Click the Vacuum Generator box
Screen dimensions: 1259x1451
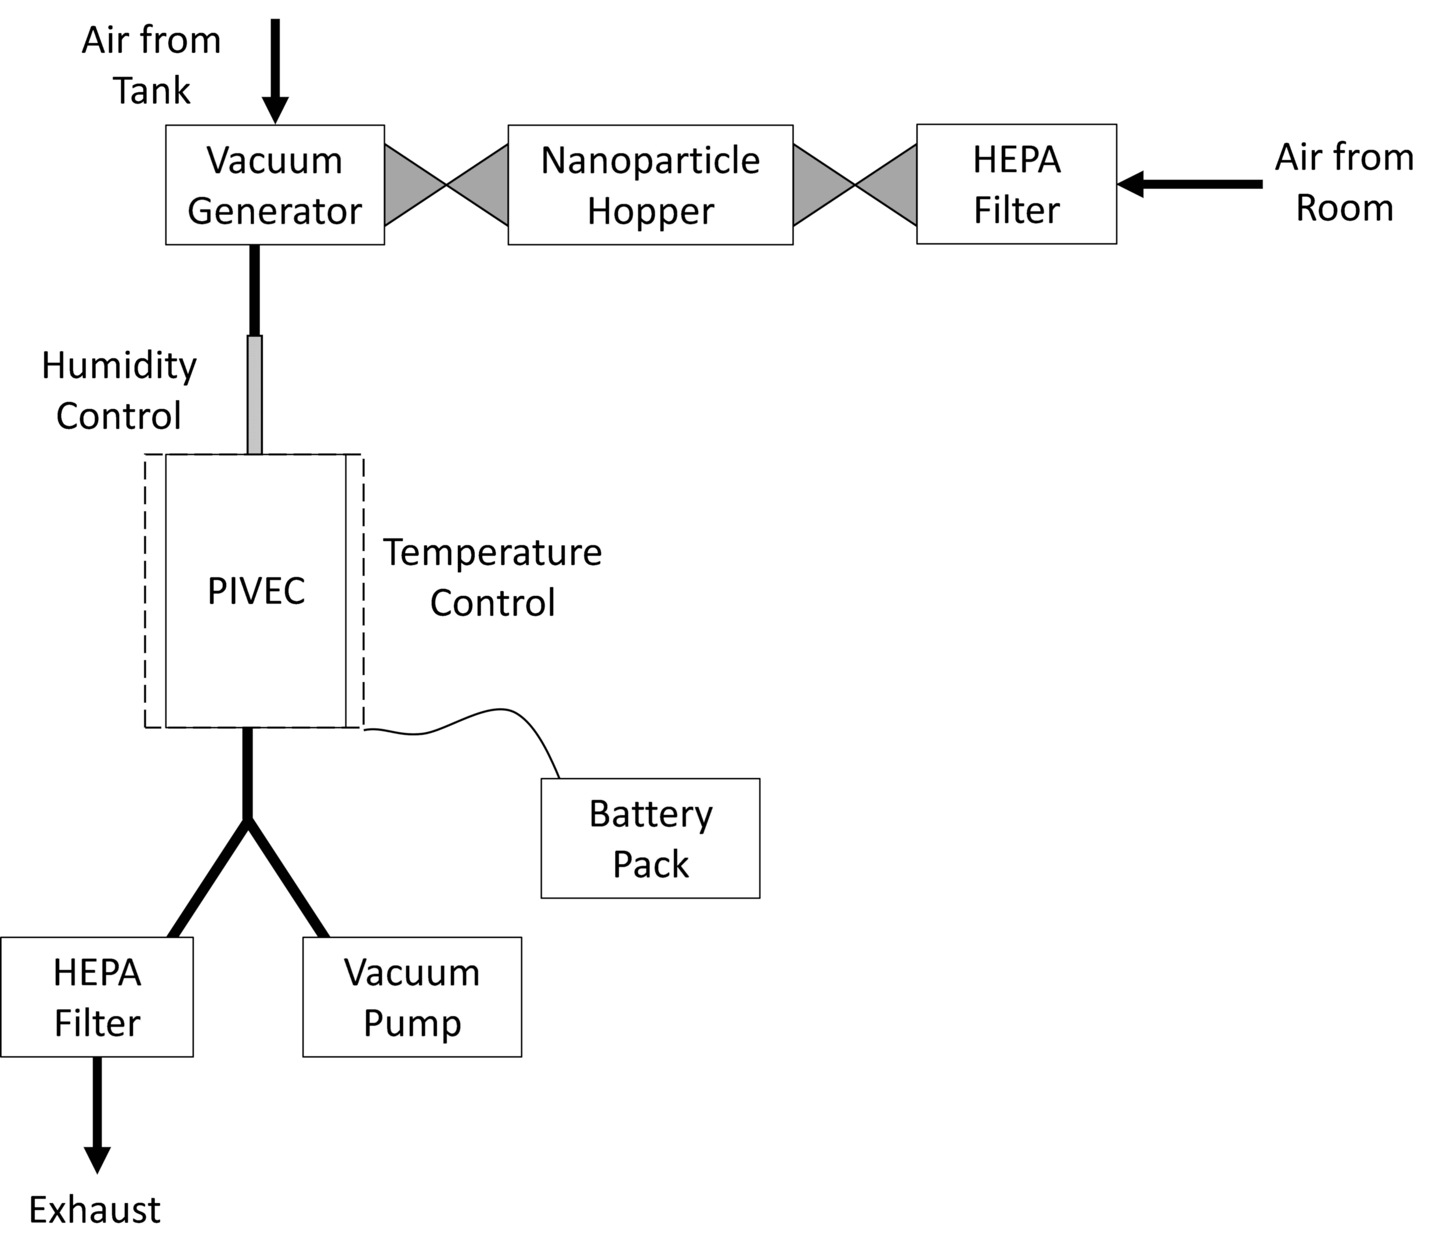pos(275,185)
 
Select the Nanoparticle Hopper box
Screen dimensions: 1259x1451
pos(651,185)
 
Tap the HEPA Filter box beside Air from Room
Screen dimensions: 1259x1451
pos(1016,184)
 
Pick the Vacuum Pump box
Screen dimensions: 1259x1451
pos(412,997)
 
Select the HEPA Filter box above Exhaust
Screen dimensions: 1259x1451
pos(97,997)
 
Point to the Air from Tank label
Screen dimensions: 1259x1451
pos(151,66)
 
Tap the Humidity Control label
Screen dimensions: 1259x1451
pos(119,391)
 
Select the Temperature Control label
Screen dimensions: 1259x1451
pos(492,577)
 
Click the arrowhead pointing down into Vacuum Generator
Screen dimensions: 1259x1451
pos(275,110)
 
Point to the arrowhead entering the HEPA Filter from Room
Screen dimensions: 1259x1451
pos(1130,185)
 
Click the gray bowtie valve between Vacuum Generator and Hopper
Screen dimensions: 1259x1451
pos(446,185)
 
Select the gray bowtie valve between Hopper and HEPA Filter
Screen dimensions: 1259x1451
pos(855,185)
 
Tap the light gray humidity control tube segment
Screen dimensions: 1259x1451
pos(255,395)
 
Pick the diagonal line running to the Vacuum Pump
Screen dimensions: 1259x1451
pos(288,878)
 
